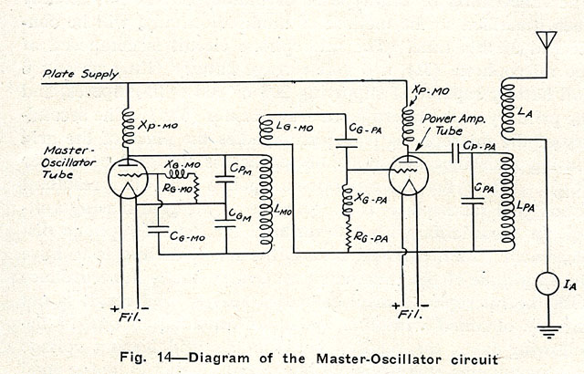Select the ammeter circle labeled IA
[547, 285]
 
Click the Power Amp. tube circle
[407, 173]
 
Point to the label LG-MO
[294, 128]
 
